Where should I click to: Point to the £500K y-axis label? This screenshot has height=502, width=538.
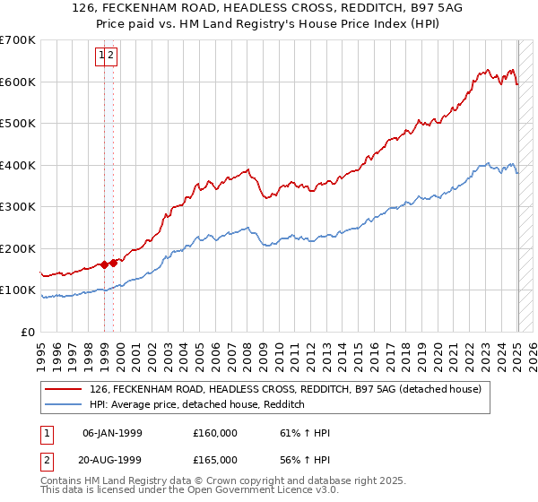[x=18, y=124]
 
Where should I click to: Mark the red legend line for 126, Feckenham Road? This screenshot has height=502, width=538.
[x=63, y=389]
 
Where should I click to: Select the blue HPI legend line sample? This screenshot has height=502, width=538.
[x=63, y=404]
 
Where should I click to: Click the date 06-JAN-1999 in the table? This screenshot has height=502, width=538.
[x=112, y=433]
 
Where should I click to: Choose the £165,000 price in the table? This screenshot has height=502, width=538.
[x=215, y=461]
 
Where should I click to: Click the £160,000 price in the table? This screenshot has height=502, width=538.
[x=215, y=433]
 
